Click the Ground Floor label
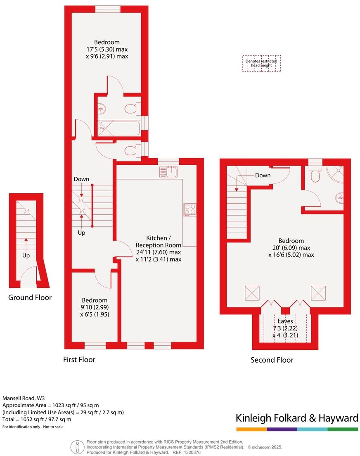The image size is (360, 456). (x=30, y=297)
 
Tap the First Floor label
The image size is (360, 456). (x=79, y=359)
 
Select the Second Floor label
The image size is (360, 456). (x=272, y=360)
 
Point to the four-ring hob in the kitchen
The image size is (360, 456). (x=190, y=210)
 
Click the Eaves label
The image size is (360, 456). (x=285, y=321)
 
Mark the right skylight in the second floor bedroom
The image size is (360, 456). (x=318, y=293)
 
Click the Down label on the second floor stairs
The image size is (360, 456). (x=263, y=175)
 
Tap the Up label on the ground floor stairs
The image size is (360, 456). (x=26, y=255)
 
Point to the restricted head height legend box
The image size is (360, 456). (x=261, y=64)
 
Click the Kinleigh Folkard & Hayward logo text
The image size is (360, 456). (x=296, y=418)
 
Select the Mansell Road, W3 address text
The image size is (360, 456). (x=24, y=399)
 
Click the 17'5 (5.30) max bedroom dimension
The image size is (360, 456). (x=107, y=49)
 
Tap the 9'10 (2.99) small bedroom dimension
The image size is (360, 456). (x=95, y=307)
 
